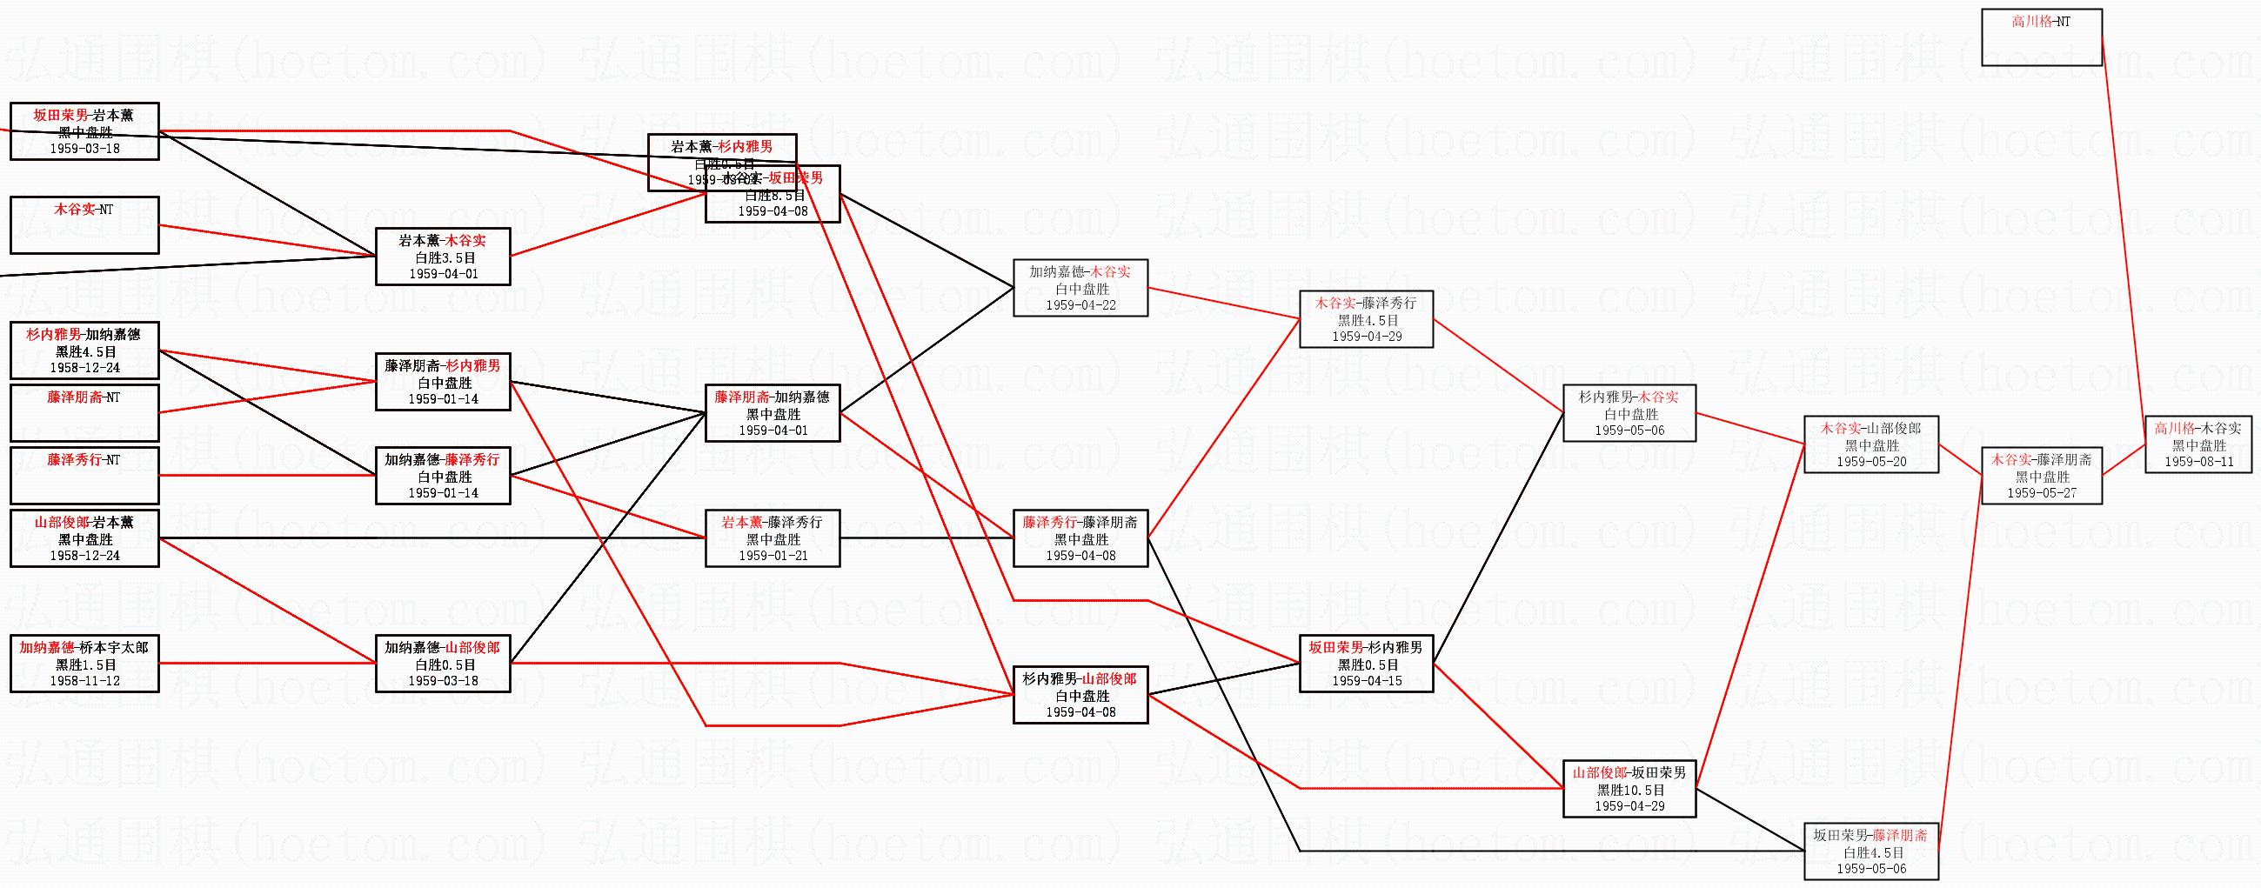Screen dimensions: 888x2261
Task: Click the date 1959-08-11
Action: (2198, 462)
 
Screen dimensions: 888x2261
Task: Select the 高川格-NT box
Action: (2042, 37)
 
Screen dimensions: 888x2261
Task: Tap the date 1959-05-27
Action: (2042, 493)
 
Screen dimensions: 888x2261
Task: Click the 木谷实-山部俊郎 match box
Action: (1870, 445)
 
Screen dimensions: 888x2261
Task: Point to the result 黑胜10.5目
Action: (1630, 790)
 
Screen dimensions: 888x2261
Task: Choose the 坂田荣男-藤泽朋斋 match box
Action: (1870, 851)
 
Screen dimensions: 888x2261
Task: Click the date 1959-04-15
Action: (1367, 681)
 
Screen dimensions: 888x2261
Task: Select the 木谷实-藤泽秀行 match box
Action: (1366, 319)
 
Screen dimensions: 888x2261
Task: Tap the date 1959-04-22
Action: (1080, 305)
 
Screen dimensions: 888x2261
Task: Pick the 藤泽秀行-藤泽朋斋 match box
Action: (1080, 537)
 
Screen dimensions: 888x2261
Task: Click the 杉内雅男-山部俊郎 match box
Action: (1080, 696)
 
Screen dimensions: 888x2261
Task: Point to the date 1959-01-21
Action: (773, 556)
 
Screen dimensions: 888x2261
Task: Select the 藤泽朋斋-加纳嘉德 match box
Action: (773, 413)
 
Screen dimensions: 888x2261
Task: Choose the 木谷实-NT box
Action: (84, 224)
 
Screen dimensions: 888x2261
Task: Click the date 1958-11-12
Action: (85, 681)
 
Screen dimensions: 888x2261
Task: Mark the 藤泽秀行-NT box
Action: (84, 475)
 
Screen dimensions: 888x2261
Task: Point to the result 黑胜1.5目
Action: (85, 664)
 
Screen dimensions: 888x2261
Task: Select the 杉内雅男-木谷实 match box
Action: (1629, 413)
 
